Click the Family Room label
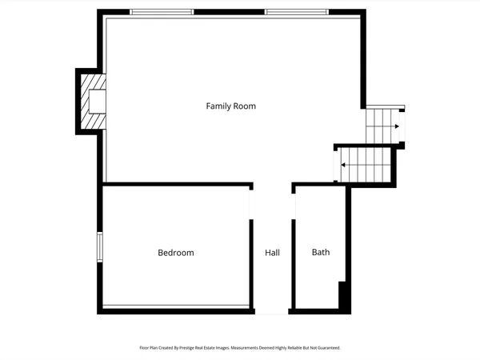pyautogui.click(x=230, y=106)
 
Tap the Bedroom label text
pyautogui.click(x=175, y=253)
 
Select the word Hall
pyautogui.click(x=272, y=253)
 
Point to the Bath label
pyautogui.click(x=320, y=252)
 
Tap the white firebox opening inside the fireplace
pyautogui.click(x=98, y=101)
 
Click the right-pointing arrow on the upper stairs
pyautogui.click(x=396, y=126)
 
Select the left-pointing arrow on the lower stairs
pyautogui.click(x=343, y=165)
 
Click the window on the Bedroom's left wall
pyautogui.click(x=100, y=246)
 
